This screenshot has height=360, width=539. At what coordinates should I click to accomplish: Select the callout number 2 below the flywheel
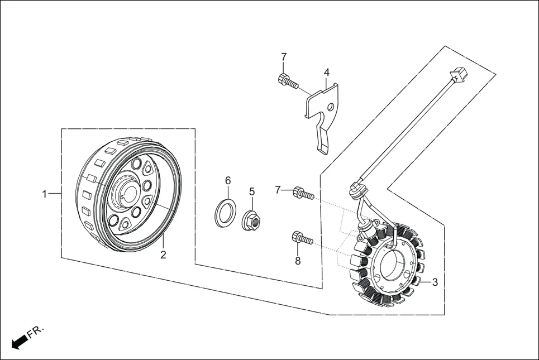[163, 255]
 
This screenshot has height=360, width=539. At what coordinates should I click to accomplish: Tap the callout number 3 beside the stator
[435, 282]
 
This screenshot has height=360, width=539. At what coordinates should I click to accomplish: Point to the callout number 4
[327, 73]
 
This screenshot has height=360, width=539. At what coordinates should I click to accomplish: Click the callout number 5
[252, 191]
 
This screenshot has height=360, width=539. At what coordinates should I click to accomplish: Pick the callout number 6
[228, 180]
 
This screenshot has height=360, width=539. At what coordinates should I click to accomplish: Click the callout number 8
[298, 261]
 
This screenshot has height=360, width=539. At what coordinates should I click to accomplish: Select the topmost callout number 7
[284, 57]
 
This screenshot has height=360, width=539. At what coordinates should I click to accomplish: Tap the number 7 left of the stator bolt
[278, 190]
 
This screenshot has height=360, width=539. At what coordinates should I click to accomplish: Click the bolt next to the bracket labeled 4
[286, 81]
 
